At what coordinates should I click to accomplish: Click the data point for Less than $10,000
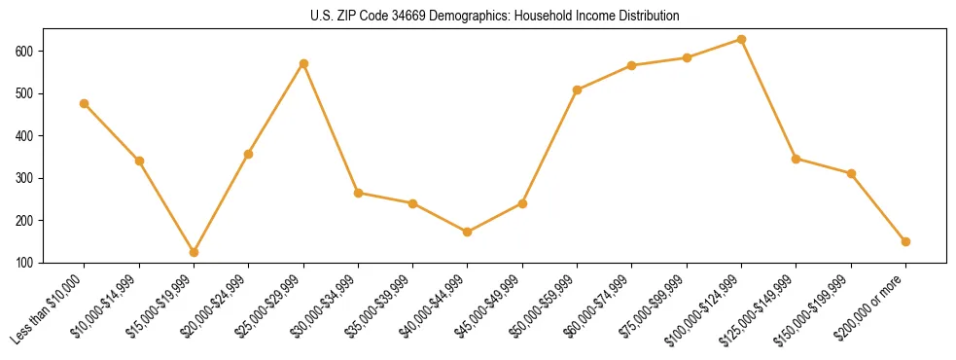85,103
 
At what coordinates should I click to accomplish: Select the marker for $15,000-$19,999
194,252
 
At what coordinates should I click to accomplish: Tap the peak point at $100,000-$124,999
741,40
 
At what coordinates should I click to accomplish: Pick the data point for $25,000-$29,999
303,63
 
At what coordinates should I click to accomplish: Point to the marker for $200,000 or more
905,241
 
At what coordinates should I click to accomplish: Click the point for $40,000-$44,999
468,232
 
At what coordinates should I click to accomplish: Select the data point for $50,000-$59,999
578,90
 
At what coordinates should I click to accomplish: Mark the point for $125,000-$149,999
797,159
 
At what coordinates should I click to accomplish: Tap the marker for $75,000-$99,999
687,57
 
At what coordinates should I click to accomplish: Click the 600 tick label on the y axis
24,51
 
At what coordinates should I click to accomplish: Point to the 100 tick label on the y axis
24,263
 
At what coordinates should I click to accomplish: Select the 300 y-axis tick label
24,178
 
